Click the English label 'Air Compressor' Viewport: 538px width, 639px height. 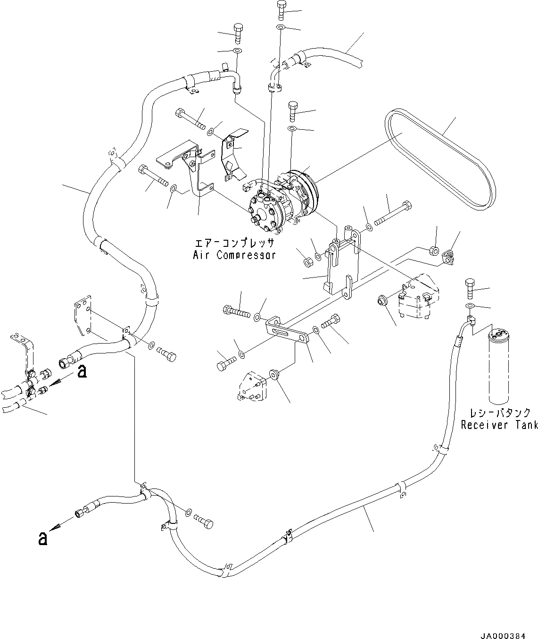click(234, 255)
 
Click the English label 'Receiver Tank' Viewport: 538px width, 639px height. click(499, 425)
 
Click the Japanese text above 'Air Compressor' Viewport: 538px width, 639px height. click(234, 244)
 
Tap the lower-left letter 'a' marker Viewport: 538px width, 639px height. click(43, 538)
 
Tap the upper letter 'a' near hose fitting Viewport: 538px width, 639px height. click(82, 372)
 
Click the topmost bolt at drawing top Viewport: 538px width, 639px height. click(281, 9)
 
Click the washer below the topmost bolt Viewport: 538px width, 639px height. click(281, 27)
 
